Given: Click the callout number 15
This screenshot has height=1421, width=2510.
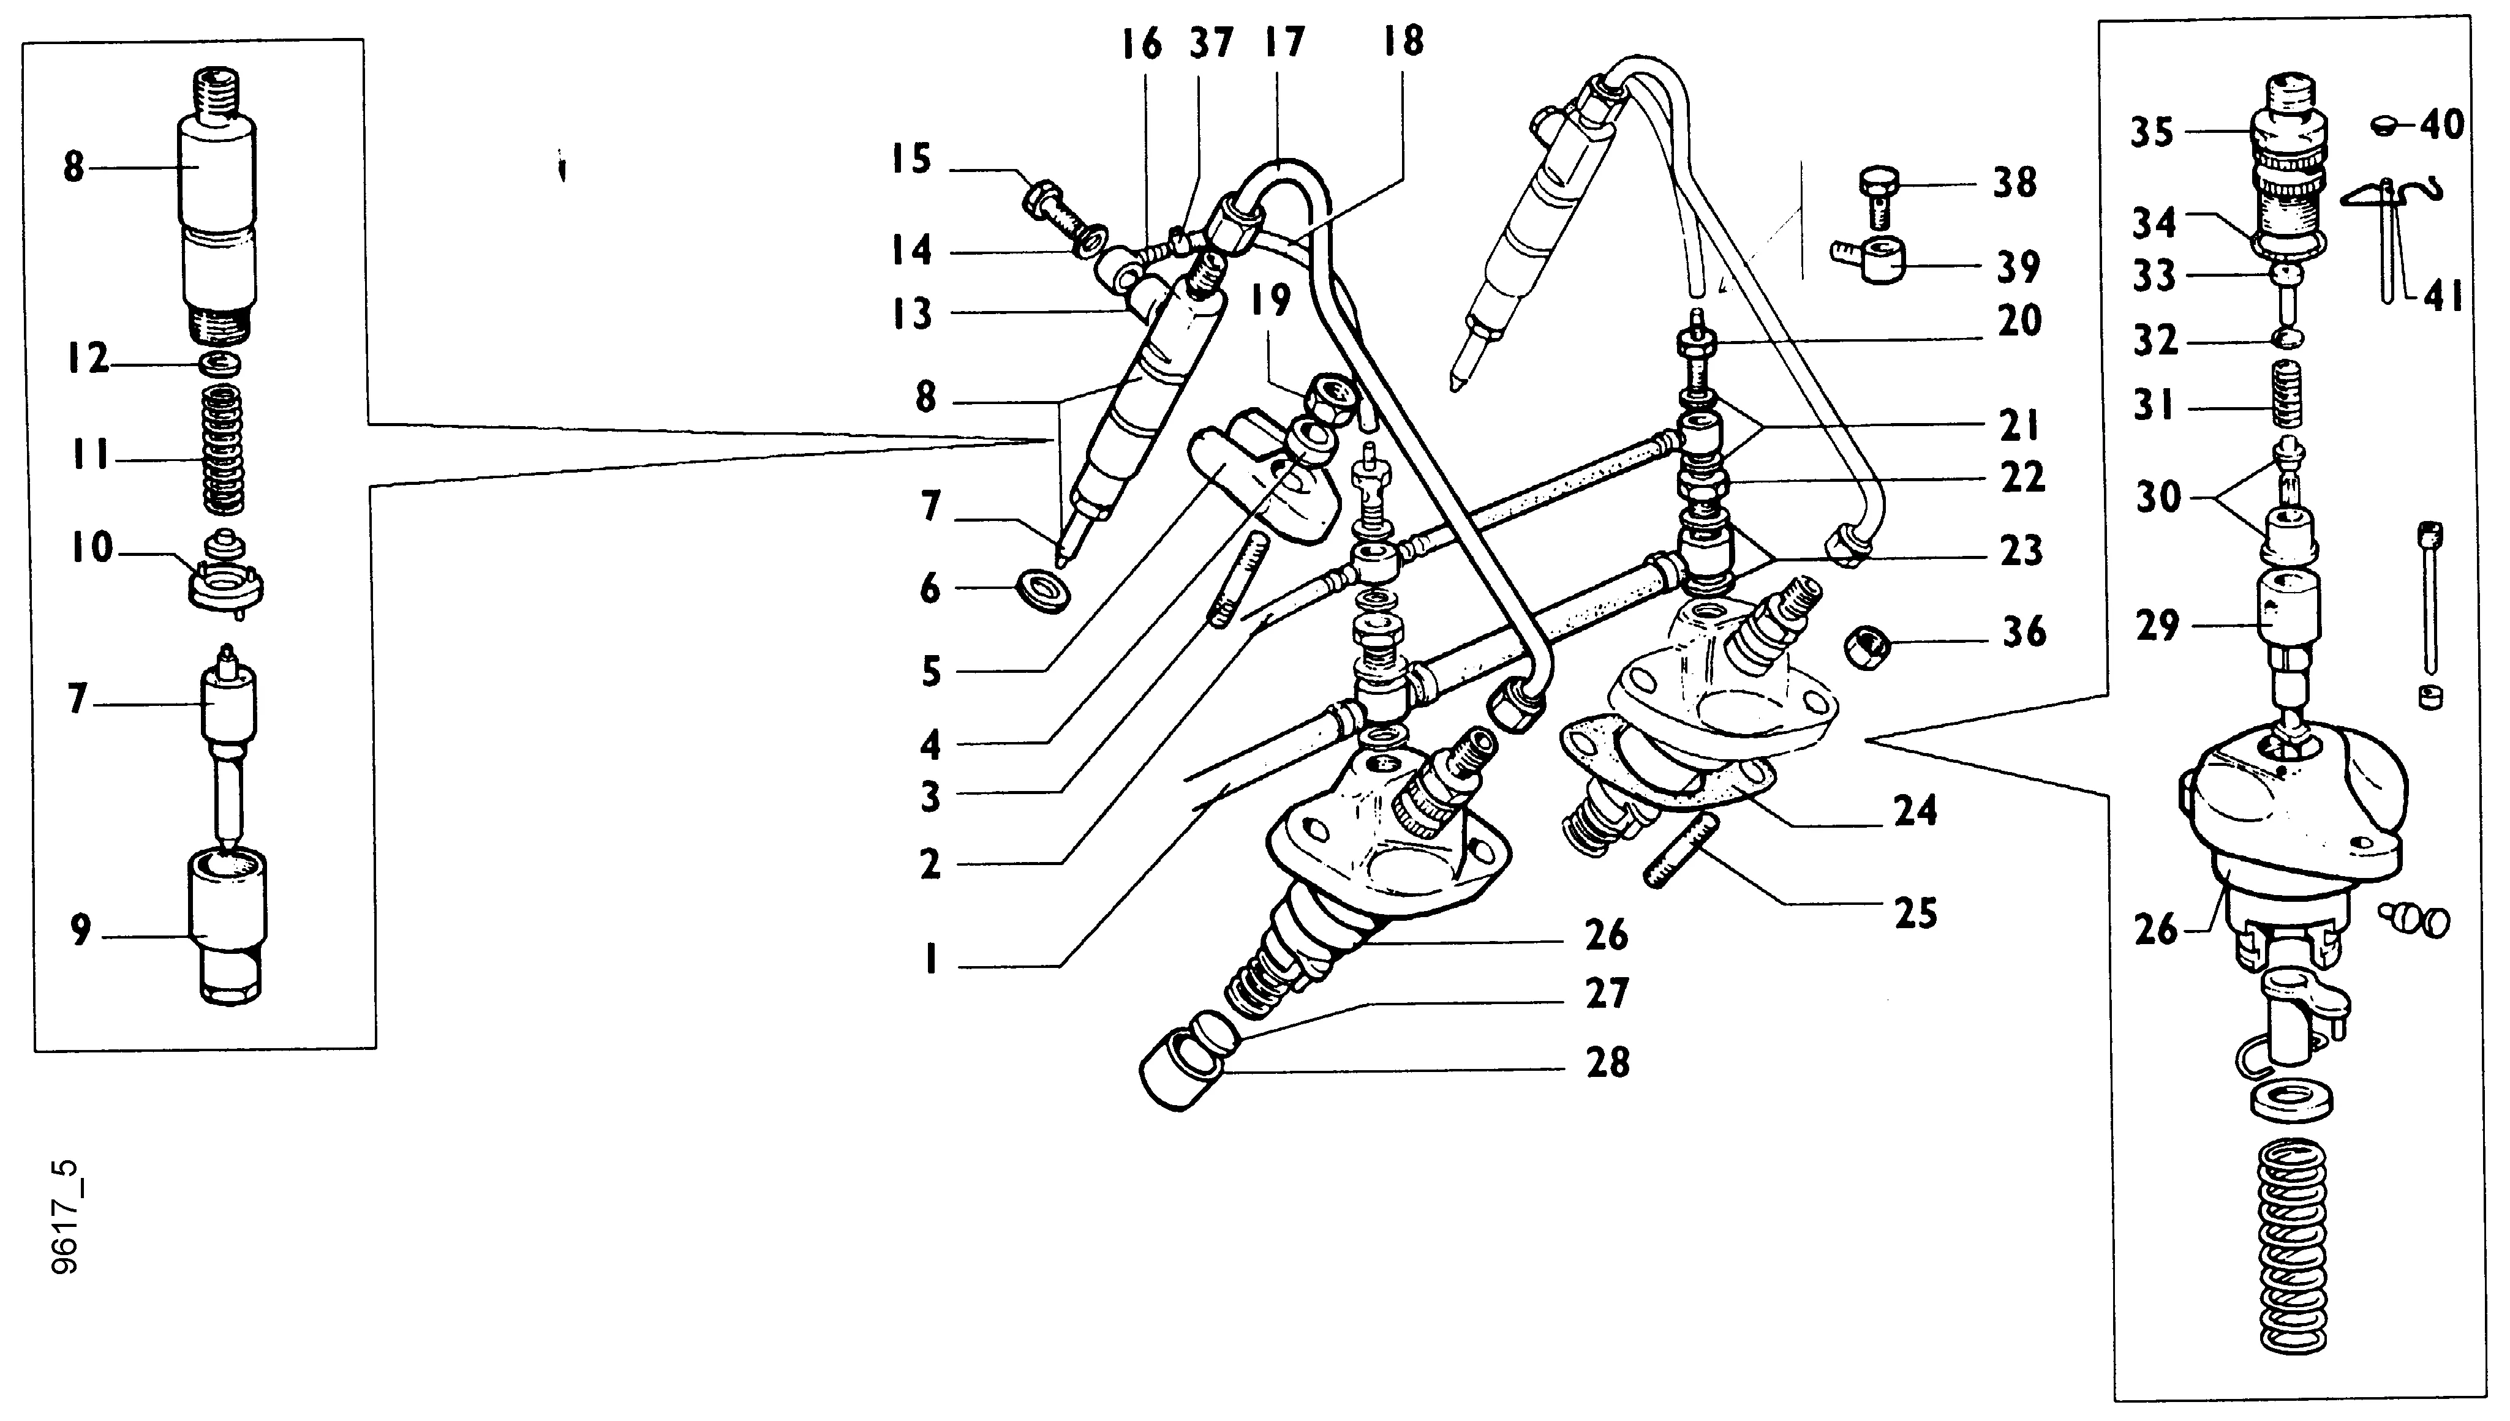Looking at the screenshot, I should pyautogui.click(x=910, y=160).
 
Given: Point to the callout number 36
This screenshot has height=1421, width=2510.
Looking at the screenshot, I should pyautogui.click(x=2023, y=632).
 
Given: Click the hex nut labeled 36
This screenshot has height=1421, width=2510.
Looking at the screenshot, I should pyautogui.click(x=1867, y=646).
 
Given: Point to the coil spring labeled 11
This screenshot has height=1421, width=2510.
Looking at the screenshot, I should pyautogui.click(x=224, y=448).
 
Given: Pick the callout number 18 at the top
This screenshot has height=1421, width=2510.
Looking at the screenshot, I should pyautogui.click(x=1403, y=42).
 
